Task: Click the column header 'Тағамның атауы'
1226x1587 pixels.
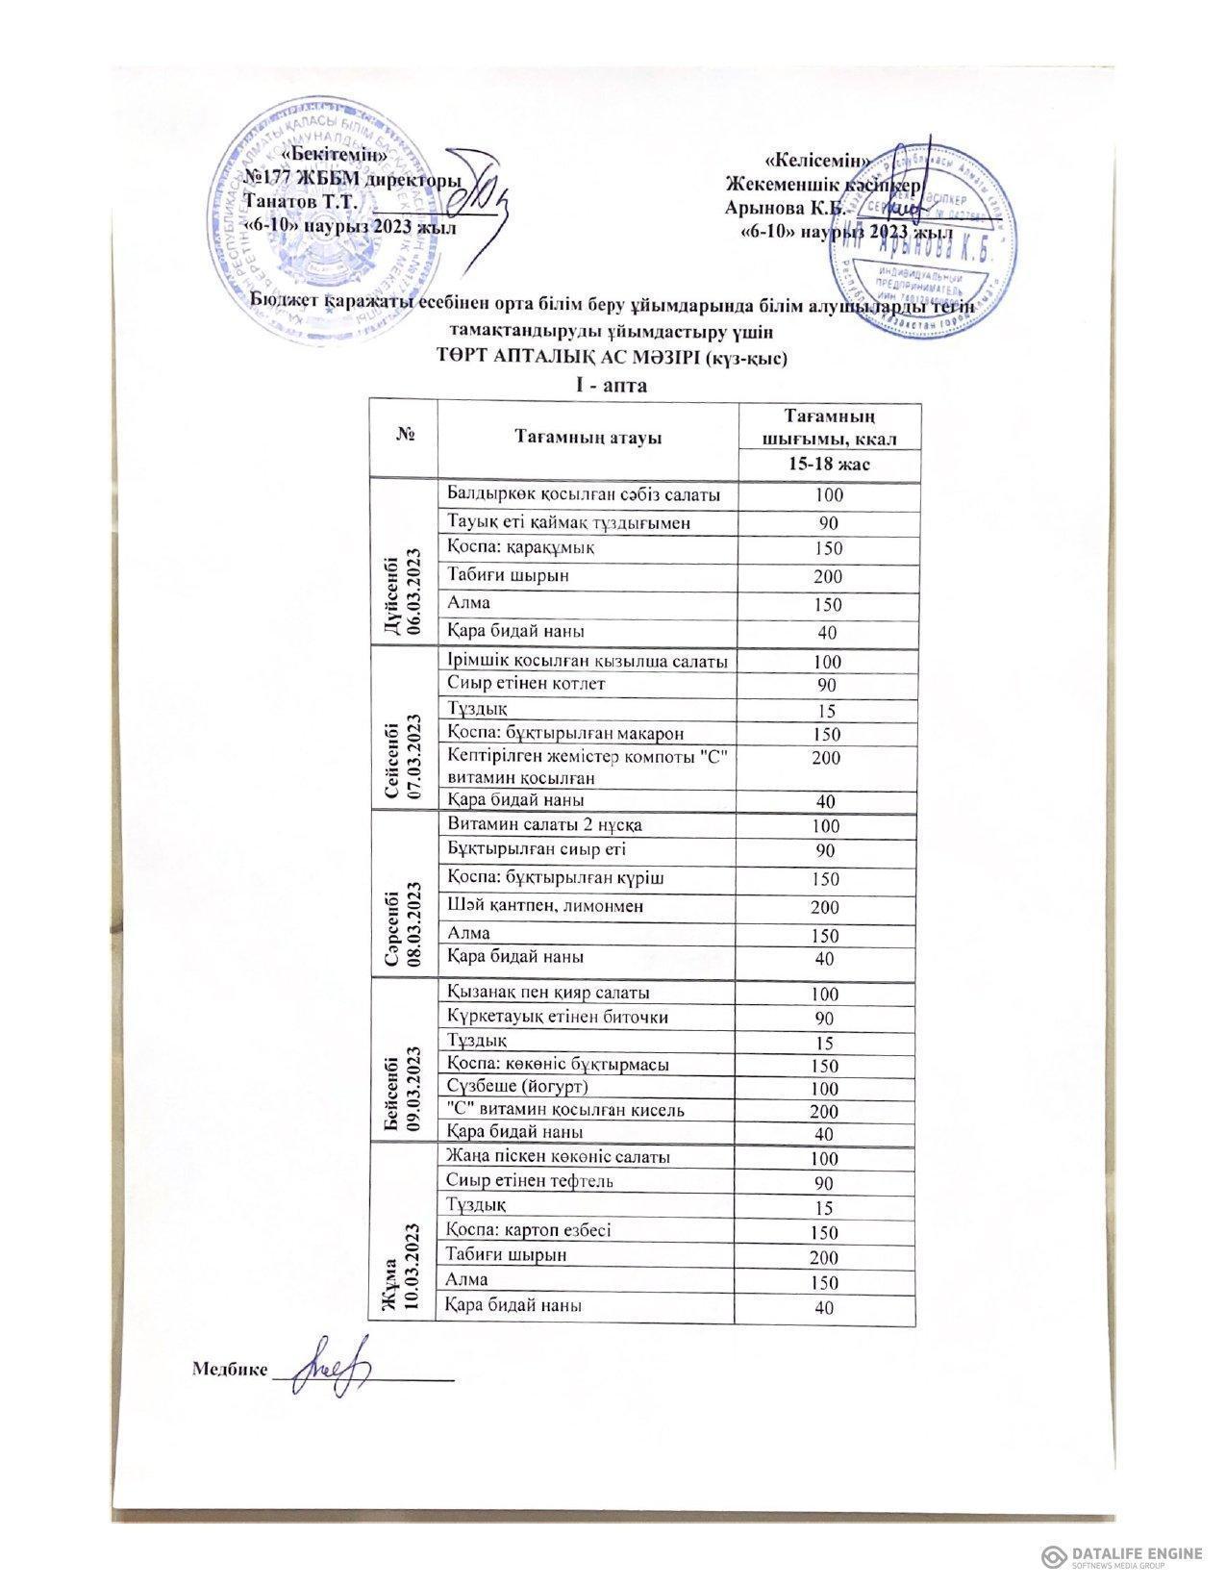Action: [x=588, y=439]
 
